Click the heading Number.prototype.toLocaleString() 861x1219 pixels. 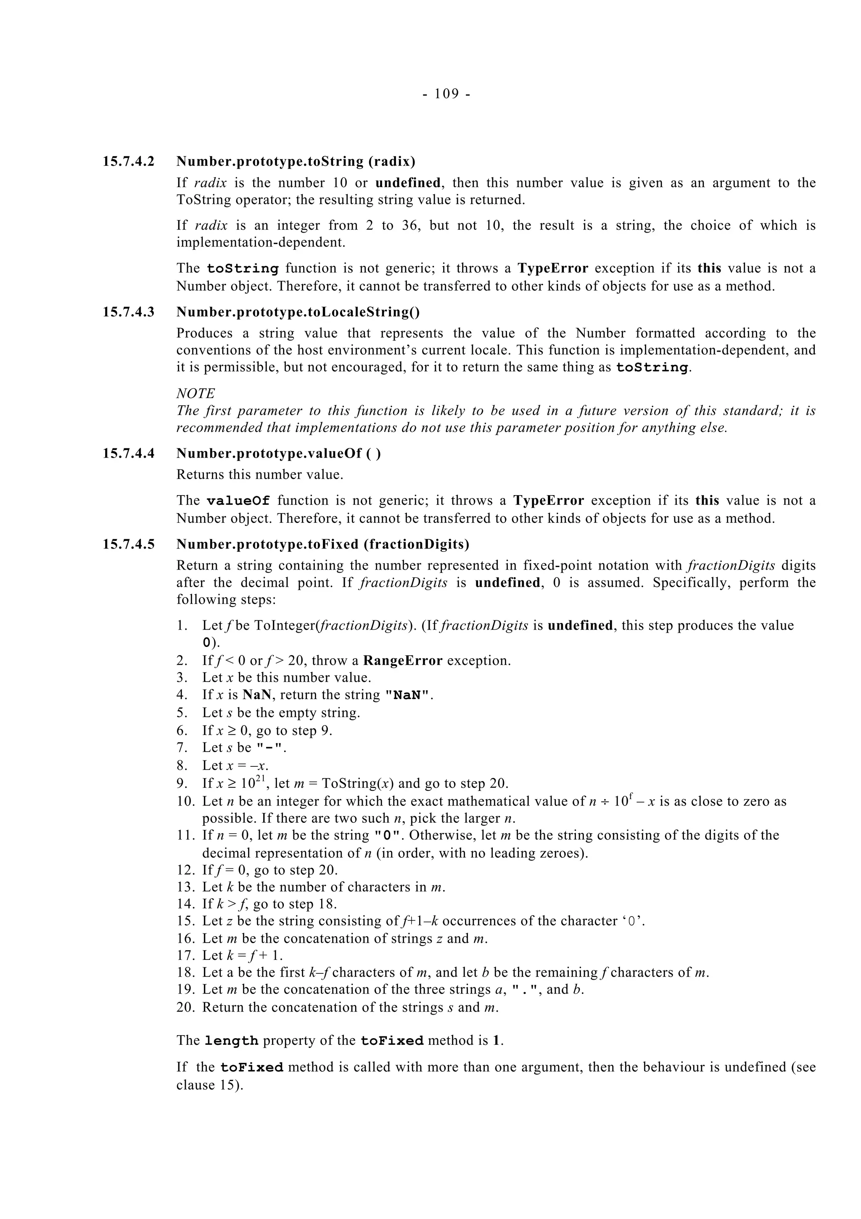click(298, 312)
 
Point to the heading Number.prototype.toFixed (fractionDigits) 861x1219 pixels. click(322, 544)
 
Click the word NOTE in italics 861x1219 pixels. click(195, 393)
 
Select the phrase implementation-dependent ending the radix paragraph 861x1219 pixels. click(260, 243)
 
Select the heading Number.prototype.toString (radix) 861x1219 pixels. click(296, 162)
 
